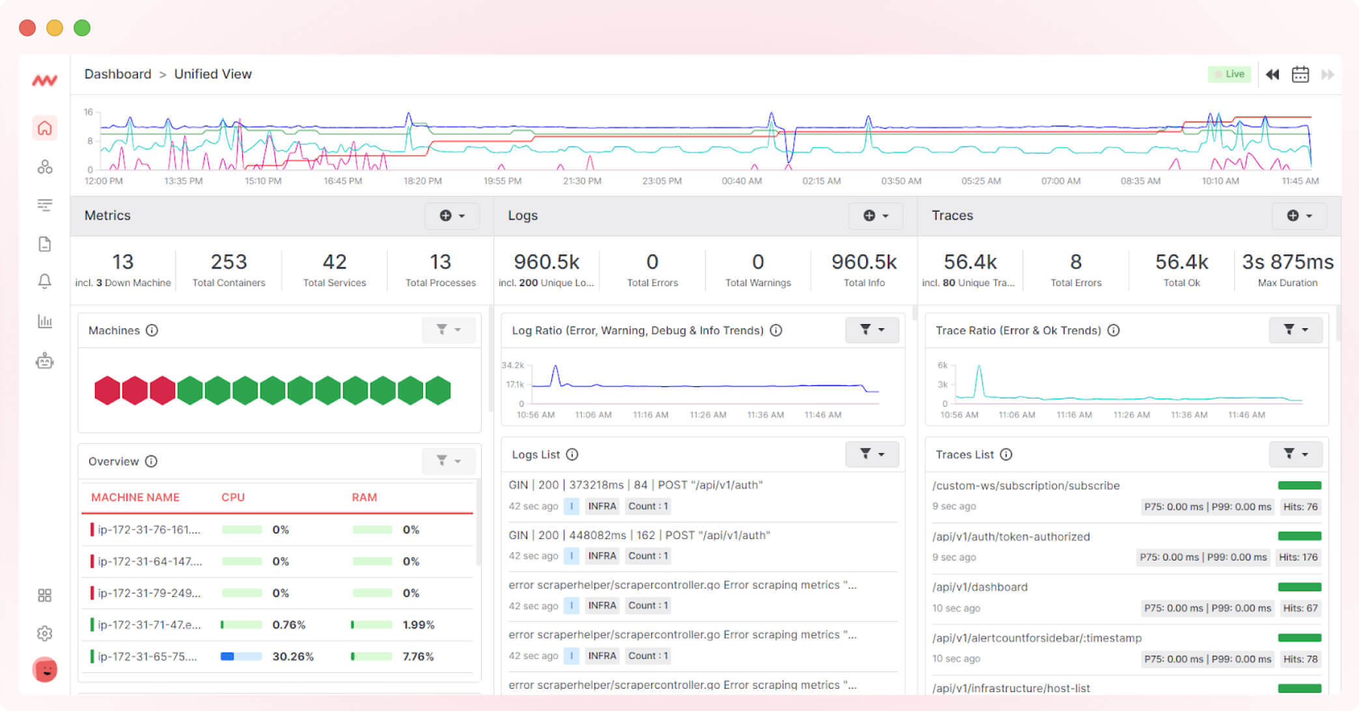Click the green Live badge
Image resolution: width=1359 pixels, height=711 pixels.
1229,74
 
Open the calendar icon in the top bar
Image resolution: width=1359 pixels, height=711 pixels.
1300,74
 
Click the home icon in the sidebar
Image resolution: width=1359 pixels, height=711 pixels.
44,128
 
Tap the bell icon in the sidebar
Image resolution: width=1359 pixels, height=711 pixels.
44,281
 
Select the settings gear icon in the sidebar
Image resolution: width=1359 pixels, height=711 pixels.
44,633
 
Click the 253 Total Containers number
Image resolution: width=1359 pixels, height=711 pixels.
228,262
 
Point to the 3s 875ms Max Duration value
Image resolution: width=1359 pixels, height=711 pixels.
1287,262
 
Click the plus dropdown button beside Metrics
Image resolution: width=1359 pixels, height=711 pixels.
452,216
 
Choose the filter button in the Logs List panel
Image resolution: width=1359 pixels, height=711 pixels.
872,454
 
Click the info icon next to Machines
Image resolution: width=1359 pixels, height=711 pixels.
152,330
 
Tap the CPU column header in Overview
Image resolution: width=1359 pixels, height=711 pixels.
233,497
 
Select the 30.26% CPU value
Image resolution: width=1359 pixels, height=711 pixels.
293,656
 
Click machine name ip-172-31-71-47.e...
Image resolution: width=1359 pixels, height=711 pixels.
149,624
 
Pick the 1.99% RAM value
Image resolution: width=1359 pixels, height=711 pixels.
419,624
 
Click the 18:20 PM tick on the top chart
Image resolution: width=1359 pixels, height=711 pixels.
422,181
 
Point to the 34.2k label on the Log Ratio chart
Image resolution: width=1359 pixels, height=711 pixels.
512,365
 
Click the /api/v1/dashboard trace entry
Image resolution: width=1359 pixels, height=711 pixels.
980,587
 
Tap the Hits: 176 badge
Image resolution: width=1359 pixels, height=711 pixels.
1298,557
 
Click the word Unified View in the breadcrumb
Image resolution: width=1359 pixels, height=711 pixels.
213,74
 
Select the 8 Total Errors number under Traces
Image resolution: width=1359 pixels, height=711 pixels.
1076,262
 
